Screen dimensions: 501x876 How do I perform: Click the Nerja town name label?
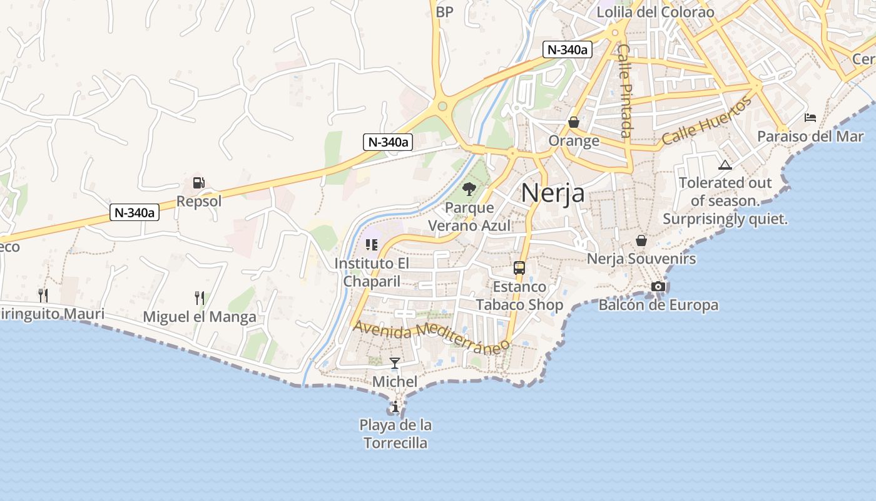coord(553,192)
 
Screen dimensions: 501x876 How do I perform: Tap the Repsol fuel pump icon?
coord(199,183)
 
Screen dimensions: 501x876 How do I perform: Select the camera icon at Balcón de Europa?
coord(658,287)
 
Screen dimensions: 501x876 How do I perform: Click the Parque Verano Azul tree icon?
coord(469,189)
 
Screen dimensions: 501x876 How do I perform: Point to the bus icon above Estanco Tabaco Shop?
coord(519,268)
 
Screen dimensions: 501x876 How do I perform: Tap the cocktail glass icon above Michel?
coord(395,363)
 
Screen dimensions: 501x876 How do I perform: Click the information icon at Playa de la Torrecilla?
coord(395,407)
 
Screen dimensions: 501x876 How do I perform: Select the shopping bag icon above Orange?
coord(574,122)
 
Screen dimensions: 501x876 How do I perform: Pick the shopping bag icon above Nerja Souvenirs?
coord(641,240)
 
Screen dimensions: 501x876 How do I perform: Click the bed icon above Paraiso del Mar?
coord(810,117)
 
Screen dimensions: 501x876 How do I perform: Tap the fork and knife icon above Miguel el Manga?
coord(200,297)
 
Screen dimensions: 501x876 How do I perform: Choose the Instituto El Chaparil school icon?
coord(372,244)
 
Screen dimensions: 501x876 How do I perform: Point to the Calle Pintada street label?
coord(625,90)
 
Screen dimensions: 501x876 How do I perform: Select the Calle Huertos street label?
coord(706,122)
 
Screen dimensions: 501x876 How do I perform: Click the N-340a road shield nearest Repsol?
coord(135,212)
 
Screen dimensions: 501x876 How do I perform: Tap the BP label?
coord(444,12)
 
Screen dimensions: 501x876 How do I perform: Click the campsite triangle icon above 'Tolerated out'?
coord(725,165)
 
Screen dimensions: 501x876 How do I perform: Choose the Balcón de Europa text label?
coord(658,305)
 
